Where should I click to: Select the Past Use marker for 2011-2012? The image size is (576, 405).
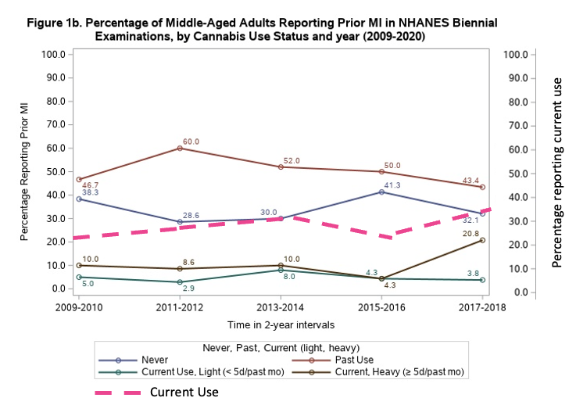180,148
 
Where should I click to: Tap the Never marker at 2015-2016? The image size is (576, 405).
381,192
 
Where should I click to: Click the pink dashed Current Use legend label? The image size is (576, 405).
184,392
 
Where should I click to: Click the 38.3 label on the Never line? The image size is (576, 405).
90,192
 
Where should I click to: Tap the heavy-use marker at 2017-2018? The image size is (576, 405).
482,240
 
